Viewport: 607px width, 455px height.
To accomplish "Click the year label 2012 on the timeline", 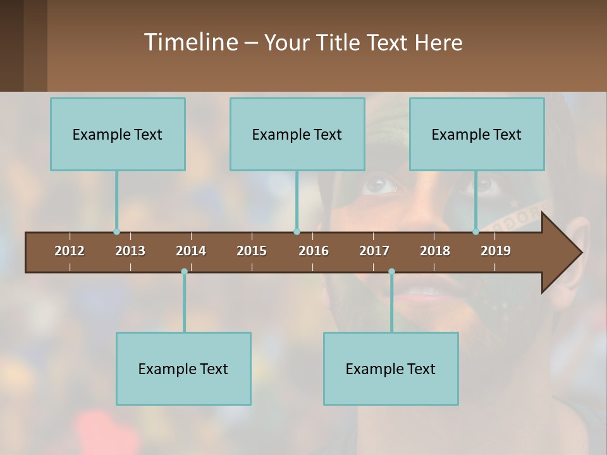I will pos(70,251).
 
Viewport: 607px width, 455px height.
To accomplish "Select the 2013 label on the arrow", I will pos(130,251).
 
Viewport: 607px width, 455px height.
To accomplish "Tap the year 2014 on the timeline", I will pos(191,251).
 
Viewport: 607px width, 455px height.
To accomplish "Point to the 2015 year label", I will pos(252,251).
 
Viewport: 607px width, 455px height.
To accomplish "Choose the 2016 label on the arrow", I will pos(314,251).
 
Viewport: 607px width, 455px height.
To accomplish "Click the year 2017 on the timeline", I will pos(374,251).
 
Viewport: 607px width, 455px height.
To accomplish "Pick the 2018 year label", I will pos(435,251).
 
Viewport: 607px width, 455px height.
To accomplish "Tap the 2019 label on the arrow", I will pos(496,251).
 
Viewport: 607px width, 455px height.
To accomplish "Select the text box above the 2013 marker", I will pos(118,134).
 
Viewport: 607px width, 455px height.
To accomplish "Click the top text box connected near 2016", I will pos(297,134).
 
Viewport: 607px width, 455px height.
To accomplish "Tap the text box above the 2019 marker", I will pos(477,134).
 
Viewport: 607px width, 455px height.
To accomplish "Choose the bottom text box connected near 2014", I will pos(183,368).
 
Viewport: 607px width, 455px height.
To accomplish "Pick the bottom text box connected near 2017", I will pos(391,368).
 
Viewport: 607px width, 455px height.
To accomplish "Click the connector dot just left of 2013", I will pos(116,232).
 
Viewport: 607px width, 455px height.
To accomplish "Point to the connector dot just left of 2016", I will pos(297,232).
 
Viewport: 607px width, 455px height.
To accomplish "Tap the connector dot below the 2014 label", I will pos(184,272).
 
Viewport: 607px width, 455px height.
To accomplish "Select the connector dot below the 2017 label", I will pos(391,272).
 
